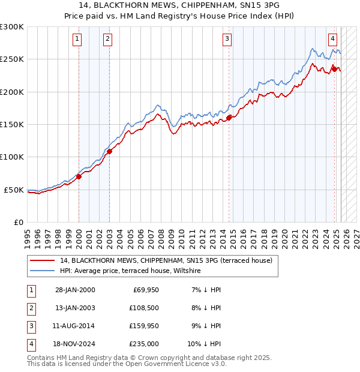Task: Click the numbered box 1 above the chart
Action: (78, 40)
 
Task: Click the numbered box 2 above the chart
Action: (107, 40)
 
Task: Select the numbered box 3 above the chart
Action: (227, 40)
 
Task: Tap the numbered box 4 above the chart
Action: (332, 40)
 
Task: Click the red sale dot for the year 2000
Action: (79, 176)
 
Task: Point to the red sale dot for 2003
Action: (109, 152)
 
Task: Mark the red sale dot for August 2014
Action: (229, 118)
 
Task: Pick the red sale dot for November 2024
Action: (334, 69)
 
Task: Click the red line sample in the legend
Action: (43, 261)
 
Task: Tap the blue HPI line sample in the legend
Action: (43, 271)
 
